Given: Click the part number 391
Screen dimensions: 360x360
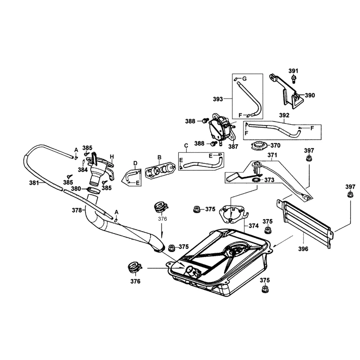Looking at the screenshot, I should pyautogui.click(x=293, y=71).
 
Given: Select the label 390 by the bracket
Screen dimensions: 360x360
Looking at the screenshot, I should pyautogui.click(x=310, y=95).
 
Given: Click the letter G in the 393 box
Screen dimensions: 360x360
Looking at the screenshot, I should pyautogui.click(x=244, y=78).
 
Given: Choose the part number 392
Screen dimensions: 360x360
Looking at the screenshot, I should pyautogui.click(x=284, y=115).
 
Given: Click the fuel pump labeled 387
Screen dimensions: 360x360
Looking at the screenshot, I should pyautogui.click(x=220, y=128).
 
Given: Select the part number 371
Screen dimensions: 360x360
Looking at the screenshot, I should pyautogui.click(x=272, y=155).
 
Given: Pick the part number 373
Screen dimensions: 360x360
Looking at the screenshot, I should pyautogui.click(x=269, y=180).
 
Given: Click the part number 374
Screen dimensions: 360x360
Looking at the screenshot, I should pyautogui.click(x=253, y=226).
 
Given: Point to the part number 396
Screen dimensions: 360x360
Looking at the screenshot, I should pyautogui.click(x=303, y=248).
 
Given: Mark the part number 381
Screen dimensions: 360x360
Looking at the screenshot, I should pyautogui.click(x=34, y=183).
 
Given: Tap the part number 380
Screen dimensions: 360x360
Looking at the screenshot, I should pyautogui.click(x=76, y=188).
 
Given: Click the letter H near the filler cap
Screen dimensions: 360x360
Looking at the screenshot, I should pyautogui.click(x=112, y=156).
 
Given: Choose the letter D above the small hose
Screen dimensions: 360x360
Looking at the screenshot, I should pyautogui.click(x=135, y=163).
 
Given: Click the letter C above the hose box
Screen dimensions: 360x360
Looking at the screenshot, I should pyautogui.click(x=186, y=145).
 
